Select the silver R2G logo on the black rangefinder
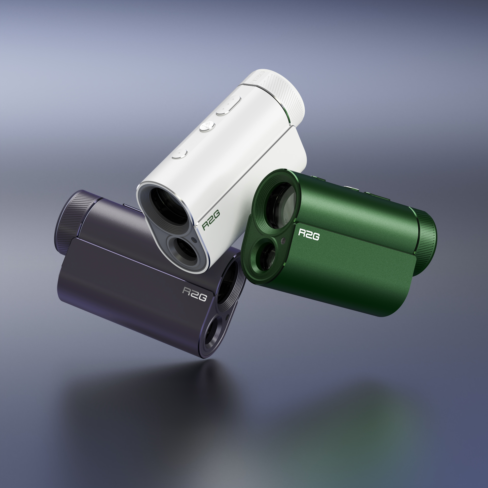(x=194, y=294)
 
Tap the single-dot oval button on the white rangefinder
(x=179, y=154)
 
